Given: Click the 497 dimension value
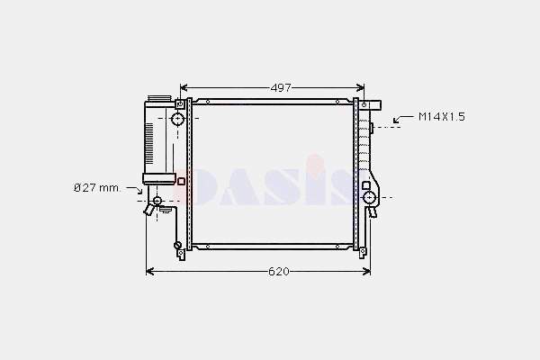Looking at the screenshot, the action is click(x=281, y=88).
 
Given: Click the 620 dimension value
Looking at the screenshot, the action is click(x=279, y=272).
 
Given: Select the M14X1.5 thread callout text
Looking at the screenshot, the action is click(x=442, y=117).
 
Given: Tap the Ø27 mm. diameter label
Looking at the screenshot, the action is click(x=97, y=188).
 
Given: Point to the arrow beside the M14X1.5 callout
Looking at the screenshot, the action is click(x=403, y=119).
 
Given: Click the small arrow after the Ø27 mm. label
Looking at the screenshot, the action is click(x=135, y=190).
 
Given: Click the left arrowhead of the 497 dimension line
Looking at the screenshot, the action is click(x=184, y=88).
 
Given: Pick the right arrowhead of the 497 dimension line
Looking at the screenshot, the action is click(x=361, y=88).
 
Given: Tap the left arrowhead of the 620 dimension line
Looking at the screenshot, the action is click(x=149, y=272).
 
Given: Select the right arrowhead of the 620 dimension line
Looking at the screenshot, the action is click(x=367, y=272).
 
